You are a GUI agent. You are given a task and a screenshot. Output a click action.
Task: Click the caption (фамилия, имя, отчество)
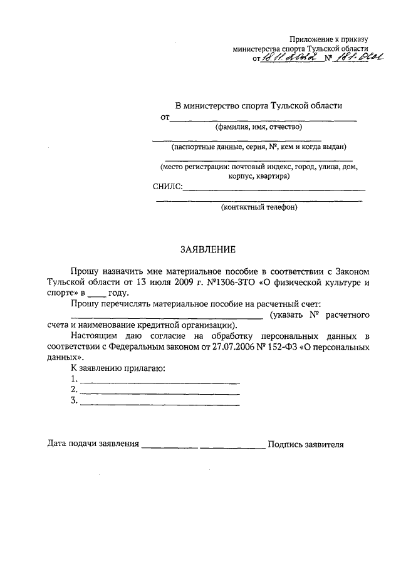(259, 127)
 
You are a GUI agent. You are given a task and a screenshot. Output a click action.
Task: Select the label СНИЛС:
(167, 187)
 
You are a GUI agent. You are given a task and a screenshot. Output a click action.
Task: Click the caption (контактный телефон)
(259, 207)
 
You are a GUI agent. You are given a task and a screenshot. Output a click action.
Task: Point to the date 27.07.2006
(236, 346)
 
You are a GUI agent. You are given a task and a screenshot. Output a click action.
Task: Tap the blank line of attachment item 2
(160, 392)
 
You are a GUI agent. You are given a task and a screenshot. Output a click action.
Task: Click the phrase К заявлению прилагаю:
(117, 368)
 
